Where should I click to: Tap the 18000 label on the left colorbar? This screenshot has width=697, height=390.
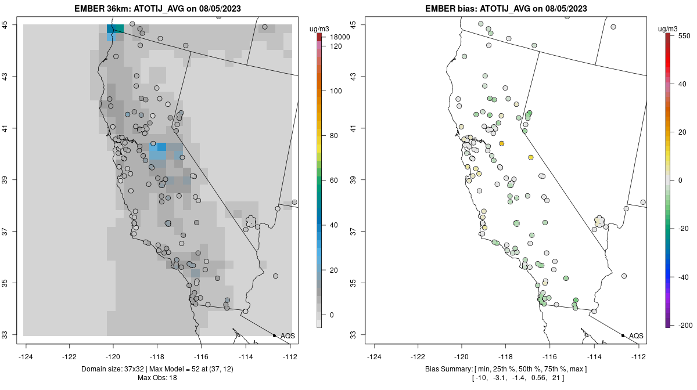(x=340, y=37)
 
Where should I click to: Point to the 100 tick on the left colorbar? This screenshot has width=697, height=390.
(x=336, y=91)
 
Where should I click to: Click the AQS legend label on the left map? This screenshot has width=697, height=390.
(x=288, y=335)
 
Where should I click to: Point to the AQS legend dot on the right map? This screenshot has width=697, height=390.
(x=623, y=335)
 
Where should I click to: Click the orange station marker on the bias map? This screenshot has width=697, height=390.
(x=502, y=143)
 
